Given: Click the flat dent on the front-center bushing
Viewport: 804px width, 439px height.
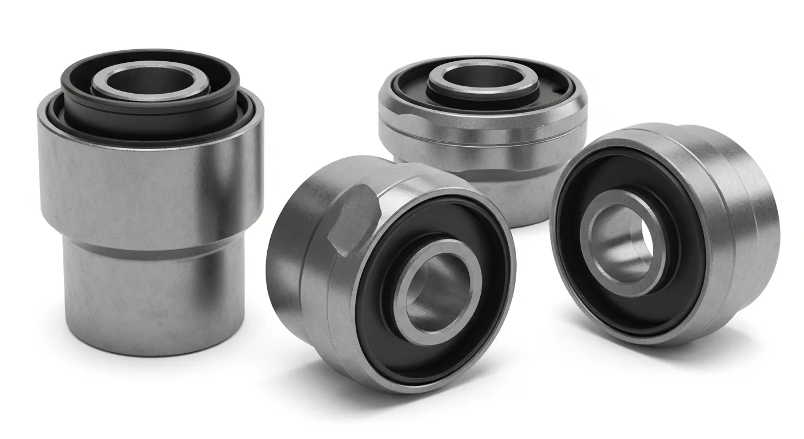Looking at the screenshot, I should pyautogui.click(x=354, y=220).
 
